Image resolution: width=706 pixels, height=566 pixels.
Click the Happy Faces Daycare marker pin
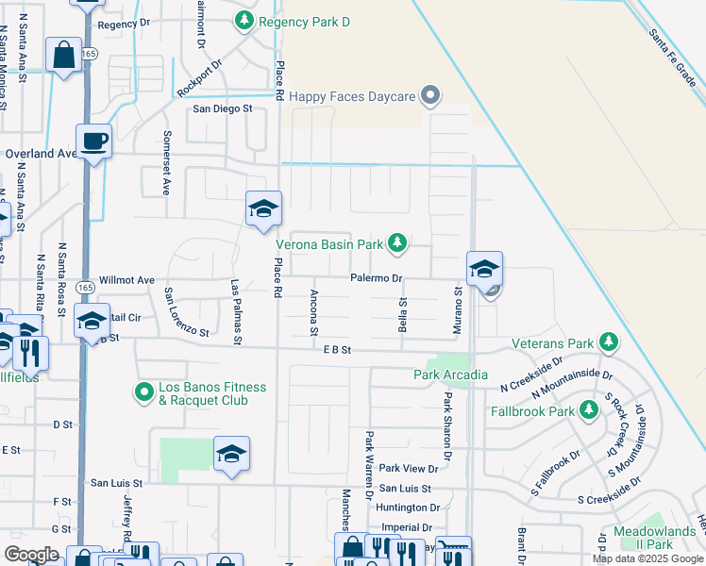431,95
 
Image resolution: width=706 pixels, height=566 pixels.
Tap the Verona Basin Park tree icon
397,243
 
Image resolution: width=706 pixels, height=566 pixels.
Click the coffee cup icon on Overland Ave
94,142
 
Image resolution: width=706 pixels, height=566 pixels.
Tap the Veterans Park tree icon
610,341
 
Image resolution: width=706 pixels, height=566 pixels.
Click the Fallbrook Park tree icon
589,409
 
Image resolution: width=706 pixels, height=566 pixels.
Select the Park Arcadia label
450,375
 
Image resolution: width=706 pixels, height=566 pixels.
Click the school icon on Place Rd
263,210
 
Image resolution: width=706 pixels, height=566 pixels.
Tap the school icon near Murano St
484,270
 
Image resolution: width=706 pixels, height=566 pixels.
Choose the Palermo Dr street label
378,278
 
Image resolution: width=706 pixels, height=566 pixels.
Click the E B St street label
336,349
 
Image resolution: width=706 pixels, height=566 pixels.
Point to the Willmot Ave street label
126,280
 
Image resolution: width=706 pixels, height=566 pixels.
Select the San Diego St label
224,108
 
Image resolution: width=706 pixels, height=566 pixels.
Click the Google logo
32,555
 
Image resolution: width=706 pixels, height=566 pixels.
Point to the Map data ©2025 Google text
647,558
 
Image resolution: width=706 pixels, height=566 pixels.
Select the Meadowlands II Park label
654,537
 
